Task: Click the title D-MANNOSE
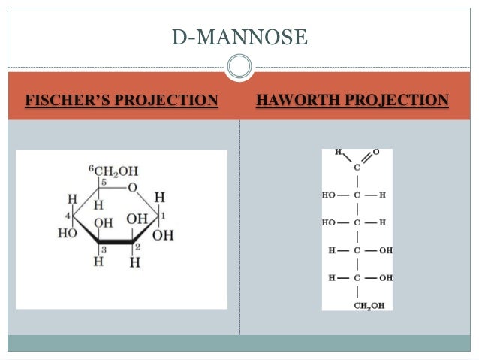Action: (240, 35)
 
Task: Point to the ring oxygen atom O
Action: (132, 186)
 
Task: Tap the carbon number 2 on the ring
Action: (137, 247)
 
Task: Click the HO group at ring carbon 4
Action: (68, 233)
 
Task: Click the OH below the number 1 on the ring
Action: (163, 235)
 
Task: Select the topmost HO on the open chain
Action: (330, 195)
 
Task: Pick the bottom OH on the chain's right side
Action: (385, 278)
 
